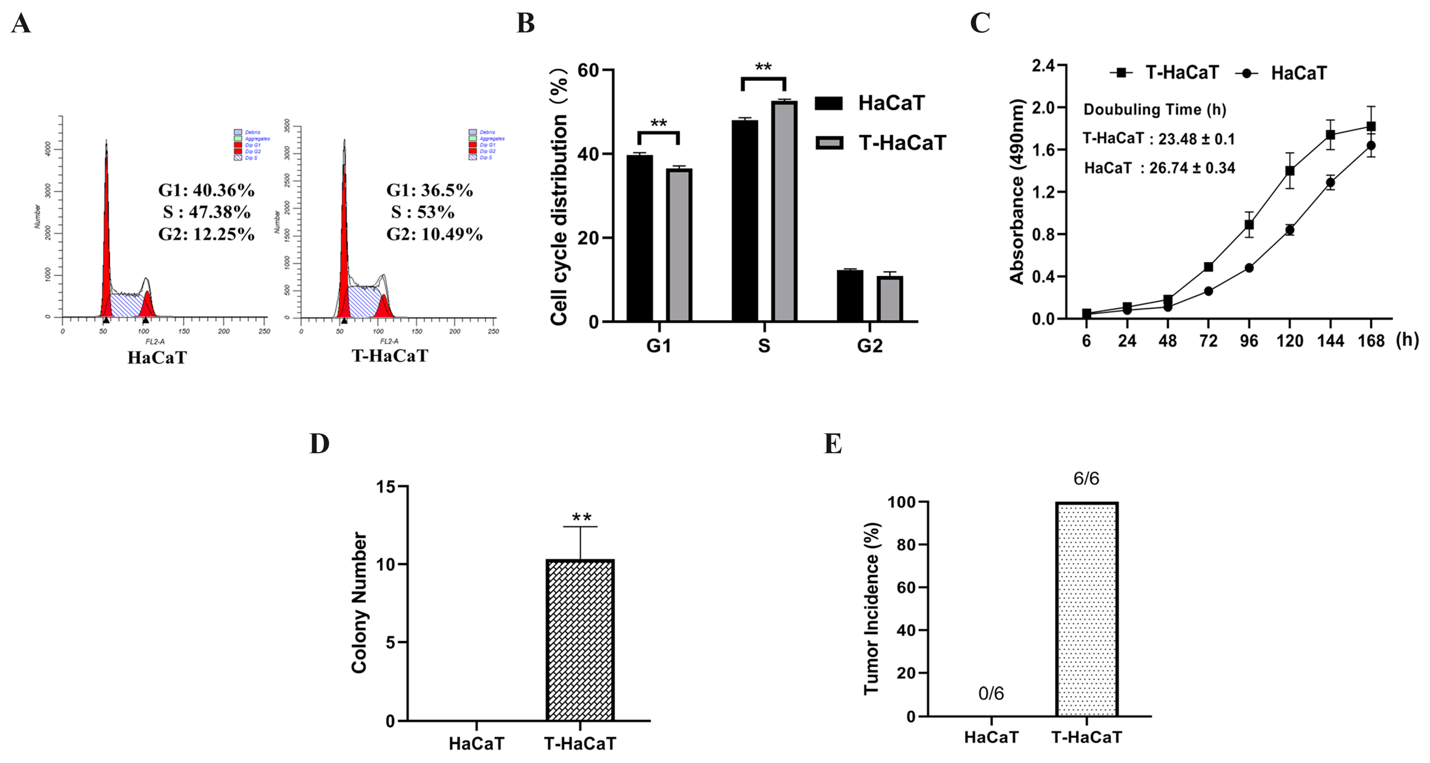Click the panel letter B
point(525,24)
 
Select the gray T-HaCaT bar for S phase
point(784,211)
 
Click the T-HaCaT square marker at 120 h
point(1290,171)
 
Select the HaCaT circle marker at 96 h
point(1249,268)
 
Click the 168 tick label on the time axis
point(1371,341)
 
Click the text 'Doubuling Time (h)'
point(1155,109)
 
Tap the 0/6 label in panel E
point(991,694)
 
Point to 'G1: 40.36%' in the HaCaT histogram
point(206,190)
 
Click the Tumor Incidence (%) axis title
point(872,608)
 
